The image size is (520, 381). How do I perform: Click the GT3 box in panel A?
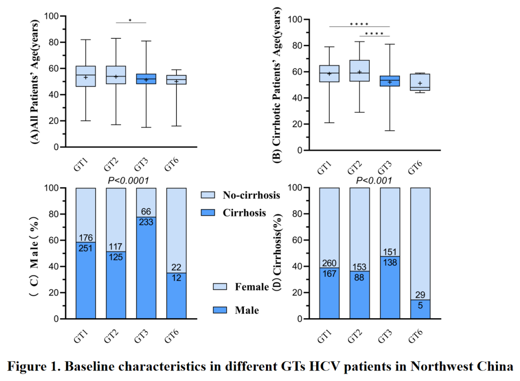point(146,79)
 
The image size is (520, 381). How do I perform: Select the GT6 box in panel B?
point(420,82)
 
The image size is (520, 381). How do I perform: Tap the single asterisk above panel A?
point(130,21)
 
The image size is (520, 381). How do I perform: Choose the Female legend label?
point(252,287)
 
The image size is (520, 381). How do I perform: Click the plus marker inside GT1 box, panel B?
point(329,74)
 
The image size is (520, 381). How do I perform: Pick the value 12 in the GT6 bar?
point(176,278)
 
